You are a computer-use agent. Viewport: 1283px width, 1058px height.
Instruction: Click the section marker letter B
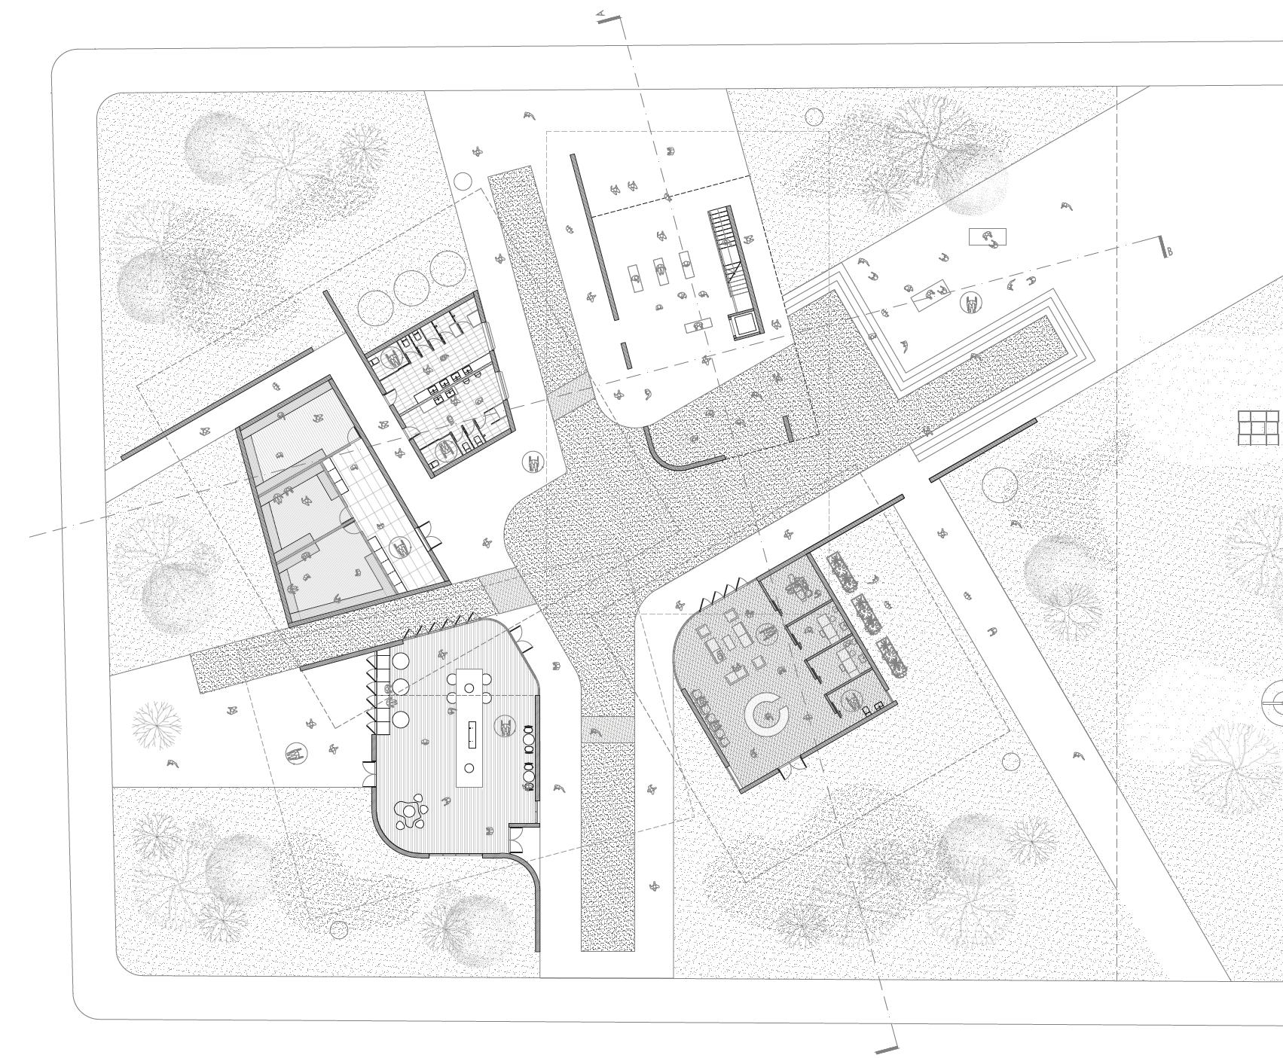[x=1168, y=252]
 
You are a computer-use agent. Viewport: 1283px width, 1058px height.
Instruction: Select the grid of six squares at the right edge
[x=1258, y=427]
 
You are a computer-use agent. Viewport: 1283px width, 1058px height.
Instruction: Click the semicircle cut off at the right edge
[x=1272, y=702]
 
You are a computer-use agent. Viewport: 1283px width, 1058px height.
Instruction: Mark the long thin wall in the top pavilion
[x=594, y=236]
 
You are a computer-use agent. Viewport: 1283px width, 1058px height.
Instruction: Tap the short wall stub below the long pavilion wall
[x=626, y=355]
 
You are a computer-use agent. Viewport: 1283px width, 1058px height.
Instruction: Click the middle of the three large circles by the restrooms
[x=411, y=288]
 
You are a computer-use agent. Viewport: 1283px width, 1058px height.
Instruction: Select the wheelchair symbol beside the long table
[x=505, y=727]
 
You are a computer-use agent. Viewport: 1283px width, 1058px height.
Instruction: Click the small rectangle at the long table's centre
[x=472, y=734]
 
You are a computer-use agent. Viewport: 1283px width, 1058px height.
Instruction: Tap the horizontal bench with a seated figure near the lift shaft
[x=698, y=326]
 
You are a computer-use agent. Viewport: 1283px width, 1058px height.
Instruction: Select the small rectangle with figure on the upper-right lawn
[x=987, y=237]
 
